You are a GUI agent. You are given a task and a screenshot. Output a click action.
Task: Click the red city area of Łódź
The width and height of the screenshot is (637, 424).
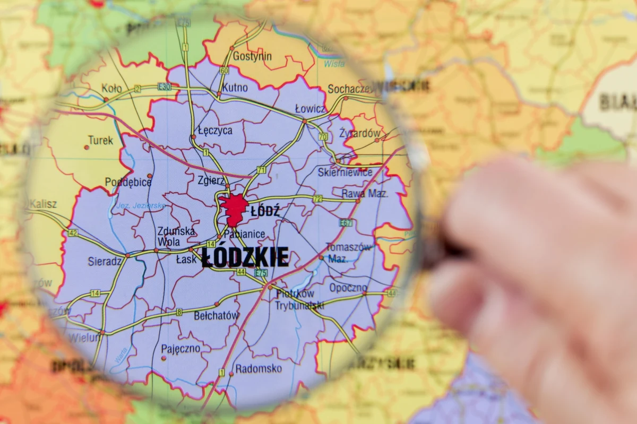tap(234, 208)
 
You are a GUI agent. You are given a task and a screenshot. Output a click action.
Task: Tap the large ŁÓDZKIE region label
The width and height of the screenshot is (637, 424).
tap(245, 257)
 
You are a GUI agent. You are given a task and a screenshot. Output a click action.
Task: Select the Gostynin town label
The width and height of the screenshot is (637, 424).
tap(252, 56)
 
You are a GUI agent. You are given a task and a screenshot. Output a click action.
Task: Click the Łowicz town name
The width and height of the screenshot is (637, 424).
tap(311, 109)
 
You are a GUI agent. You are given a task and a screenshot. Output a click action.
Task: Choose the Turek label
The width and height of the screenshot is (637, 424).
tap(100, 140)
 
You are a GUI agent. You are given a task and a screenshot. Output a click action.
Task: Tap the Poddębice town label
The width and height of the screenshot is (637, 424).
tap(128, 182)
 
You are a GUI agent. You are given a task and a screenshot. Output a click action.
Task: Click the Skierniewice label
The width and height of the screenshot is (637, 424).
tap(345, 172)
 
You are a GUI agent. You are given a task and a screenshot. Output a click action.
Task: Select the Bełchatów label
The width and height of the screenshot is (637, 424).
tap(216, 315)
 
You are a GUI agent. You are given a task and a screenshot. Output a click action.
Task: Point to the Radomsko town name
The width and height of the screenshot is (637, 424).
tap(259, 368)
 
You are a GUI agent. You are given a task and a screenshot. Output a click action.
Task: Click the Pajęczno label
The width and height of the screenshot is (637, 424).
tap(180, 349)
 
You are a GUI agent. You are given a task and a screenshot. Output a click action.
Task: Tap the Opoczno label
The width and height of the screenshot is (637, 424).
tap(348, 288)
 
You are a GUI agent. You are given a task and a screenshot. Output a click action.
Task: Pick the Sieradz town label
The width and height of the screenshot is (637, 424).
tap(105, 261)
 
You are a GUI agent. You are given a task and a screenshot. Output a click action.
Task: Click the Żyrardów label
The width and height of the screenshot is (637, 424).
tap(360, 133)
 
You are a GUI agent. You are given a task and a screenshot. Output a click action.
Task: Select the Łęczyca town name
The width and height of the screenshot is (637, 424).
tap(214, 130)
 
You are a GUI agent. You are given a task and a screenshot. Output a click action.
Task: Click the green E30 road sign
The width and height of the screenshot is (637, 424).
tap(164, 86)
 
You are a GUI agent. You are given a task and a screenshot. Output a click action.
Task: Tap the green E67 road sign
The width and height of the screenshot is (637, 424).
tap(346, 223)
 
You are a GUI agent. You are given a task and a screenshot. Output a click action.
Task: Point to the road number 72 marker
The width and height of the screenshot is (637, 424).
tap(317, 199)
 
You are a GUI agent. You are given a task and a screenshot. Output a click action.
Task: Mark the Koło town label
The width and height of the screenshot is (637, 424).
tap(111, 88)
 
